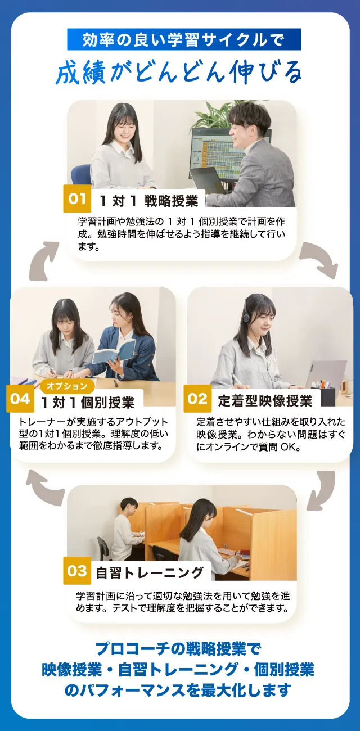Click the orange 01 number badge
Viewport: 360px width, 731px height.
[77, 198]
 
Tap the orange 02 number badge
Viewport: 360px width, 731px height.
[197, 399]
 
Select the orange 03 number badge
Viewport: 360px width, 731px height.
[77, 570]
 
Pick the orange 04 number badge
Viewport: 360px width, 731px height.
[20, 399]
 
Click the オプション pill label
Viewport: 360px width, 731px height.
[67, 386]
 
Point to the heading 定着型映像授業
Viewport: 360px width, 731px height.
[265, 401]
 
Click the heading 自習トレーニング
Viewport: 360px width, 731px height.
[150, 572]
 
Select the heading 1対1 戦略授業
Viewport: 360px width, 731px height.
[149, 200]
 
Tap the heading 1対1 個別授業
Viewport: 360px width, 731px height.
[88, 403]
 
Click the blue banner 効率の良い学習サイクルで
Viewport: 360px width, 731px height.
[184, 39]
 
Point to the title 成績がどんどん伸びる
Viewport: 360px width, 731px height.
[178, 72]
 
